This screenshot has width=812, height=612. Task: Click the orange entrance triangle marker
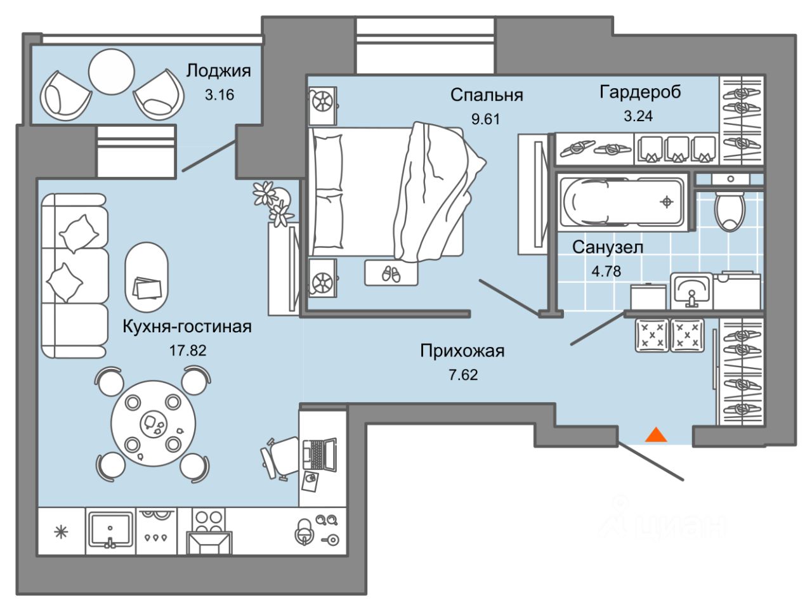(x=655, y=435)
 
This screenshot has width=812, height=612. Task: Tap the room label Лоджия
(x=218, y=70)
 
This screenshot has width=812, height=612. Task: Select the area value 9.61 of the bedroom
(x=485, y=119)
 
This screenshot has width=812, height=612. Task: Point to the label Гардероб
(x=640, y=92)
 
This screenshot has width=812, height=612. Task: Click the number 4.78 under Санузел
(x=606, y=271)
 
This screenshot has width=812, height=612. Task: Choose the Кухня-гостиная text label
(x=187, y=327)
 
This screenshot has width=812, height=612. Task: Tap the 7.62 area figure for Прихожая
(x=463, y=375)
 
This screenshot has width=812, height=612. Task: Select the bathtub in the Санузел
(x=622, y=202)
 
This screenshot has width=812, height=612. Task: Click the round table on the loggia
(x=112, y=72)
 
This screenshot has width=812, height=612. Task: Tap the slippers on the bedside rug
(x=391, y=274)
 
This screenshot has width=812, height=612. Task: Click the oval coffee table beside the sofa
(x=147, y=277)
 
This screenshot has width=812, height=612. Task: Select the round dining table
(x=153, y=422)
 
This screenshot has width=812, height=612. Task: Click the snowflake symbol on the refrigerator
(x=61, y=533)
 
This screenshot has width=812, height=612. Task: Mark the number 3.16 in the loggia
(x=219, y=95)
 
